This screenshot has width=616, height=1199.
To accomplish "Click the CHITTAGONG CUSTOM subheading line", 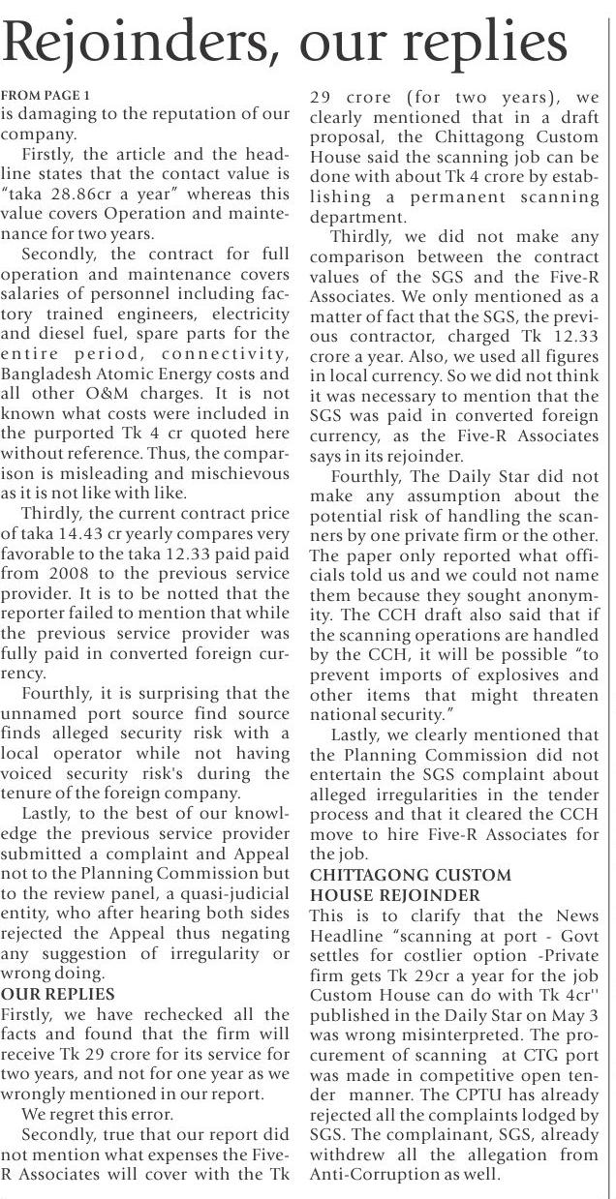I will point(410,875).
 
